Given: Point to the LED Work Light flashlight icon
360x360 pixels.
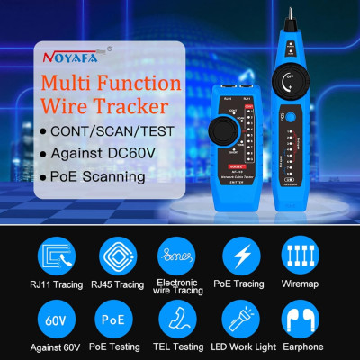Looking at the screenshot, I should tap(241, 319).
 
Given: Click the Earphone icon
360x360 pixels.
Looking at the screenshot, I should tap(301, 319).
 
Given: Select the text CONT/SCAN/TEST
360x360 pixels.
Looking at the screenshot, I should tap(114, 131).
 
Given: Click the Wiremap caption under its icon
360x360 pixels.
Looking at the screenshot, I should tap(301, 284).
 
